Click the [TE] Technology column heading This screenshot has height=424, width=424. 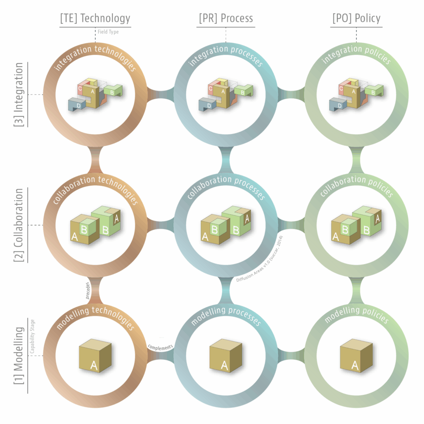pos(95,18)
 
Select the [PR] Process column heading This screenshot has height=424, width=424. pos(226,18)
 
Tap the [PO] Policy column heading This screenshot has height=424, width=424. pos(356,18)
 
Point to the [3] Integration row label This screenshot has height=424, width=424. pos(19,94)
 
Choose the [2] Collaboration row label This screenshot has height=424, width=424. pos(19,225)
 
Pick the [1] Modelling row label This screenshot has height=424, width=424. pos(19,356)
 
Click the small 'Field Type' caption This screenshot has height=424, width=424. pos(108,32)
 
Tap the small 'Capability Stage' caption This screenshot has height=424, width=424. pos(33,342)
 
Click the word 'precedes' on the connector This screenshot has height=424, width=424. pos(88,290)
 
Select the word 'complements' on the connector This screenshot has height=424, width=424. pos(160,346)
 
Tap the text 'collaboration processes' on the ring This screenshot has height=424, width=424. pos(226,186)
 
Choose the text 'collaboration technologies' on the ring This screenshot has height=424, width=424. pos(95,186)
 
